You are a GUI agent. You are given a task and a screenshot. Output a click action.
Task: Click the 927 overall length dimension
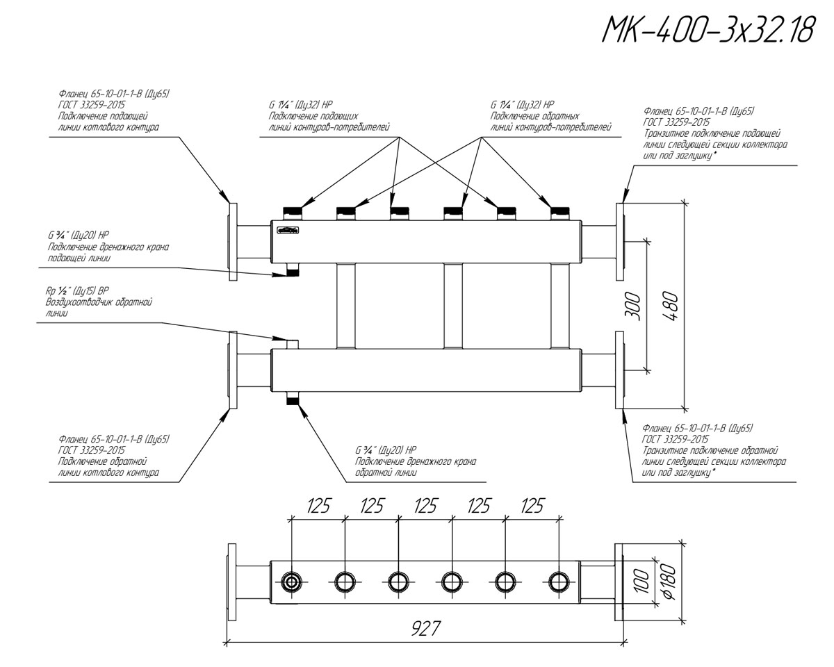[424, 629]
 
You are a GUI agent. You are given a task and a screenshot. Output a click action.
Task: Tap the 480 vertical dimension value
[670, 304]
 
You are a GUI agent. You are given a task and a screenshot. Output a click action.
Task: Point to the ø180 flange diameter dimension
[671, 581]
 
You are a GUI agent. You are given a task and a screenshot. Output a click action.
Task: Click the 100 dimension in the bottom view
[643, 581]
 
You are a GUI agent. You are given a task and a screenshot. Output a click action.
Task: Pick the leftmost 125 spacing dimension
[318, 507]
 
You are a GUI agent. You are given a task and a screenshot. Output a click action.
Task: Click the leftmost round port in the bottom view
[291, 581]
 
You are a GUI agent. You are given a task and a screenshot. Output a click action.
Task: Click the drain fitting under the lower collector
[293, 400]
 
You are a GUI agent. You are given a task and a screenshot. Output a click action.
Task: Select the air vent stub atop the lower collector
[293, 344]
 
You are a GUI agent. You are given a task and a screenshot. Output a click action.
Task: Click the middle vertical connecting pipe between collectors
[452, 306]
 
